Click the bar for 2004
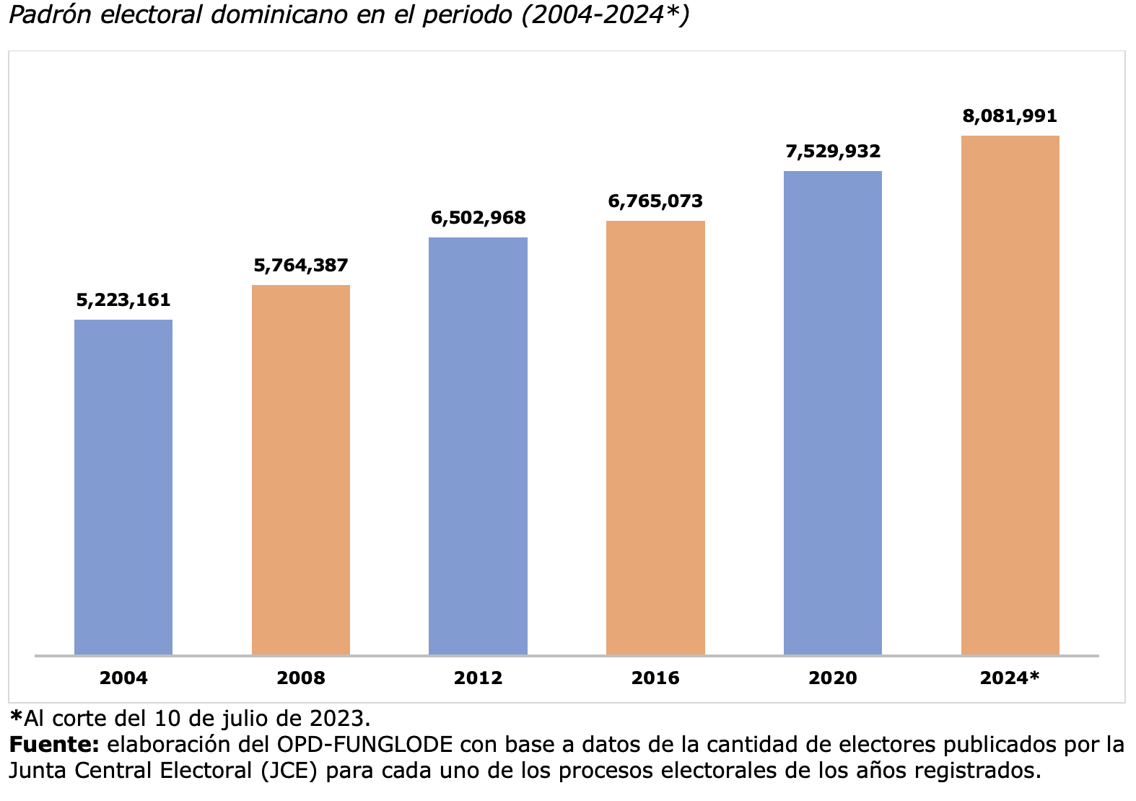coord(123,487)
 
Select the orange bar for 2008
coord(301,470)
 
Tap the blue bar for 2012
coord(478,446)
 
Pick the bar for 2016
coord(655,437)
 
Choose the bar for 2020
coord(833,413)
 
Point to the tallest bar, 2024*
coord(1010,395)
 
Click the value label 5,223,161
coord(123,300)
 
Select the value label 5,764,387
coord(301,266)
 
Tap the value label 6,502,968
coord(478,218)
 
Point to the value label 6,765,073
coord(655,201)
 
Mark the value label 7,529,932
coord(833,152)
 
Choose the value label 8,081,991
coord(1010,116)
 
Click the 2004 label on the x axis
coord(123,678)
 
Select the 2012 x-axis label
coord(478,678)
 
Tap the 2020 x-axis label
coord(833,678)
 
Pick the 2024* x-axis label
coord(1010,678)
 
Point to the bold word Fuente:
coord(54,745)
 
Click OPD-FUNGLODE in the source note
coord(364,745)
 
